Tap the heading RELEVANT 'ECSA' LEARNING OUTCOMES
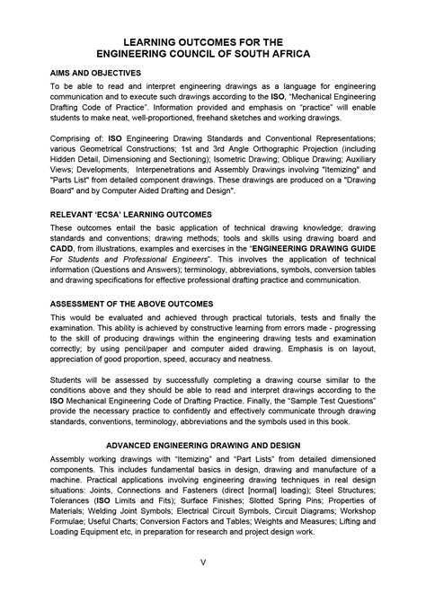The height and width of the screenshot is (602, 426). coord(131,215)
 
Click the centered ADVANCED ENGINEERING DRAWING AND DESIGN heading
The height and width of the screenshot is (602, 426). coord(213,445)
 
